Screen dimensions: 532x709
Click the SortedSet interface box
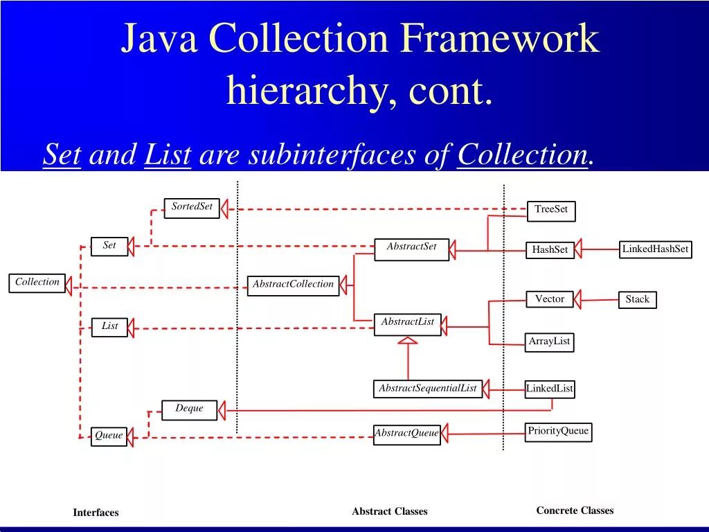(192, 208)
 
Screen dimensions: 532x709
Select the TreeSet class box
(551, 211)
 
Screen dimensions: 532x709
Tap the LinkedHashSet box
(655, 250)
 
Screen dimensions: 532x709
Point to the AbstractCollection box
(293, 285)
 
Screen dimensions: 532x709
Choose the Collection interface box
(37, 283)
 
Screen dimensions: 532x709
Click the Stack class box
(637, 300)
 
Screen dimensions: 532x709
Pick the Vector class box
(550, 300)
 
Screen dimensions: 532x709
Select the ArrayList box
(549, 342)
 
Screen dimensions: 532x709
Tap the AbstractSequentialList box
(427, 389)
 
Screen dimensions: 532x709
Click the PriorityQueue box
(558, 432)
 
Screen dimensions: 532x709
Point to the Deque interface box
(189, 409)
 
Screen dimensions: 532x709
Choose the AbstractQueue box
(406, 434)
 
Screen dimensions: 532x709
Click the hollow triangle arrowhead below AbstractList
(408, 340)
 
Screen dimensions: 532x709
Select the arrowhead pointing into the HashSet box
(579, 249)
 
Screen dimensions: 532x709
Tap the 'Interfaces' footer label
(96, 513)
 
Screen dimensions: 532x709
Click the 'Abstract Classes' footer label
(389, 511)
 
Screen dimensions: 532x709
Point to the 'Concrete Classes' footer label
(575, 511)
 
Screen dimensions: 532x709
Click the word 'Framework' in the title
(499, 39)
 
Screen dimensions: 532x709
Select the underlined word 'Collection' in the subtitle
(523, 154)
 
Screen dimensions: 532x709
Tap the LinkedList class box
(550, 389)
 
